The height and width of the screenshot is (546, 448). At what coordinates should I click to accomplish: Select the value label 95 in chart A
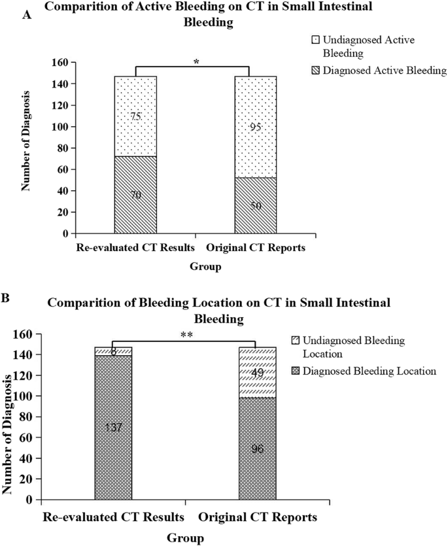pos(256,127)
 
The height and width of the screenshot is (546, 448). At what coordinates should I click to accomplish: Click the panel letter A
pos(27,14)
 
